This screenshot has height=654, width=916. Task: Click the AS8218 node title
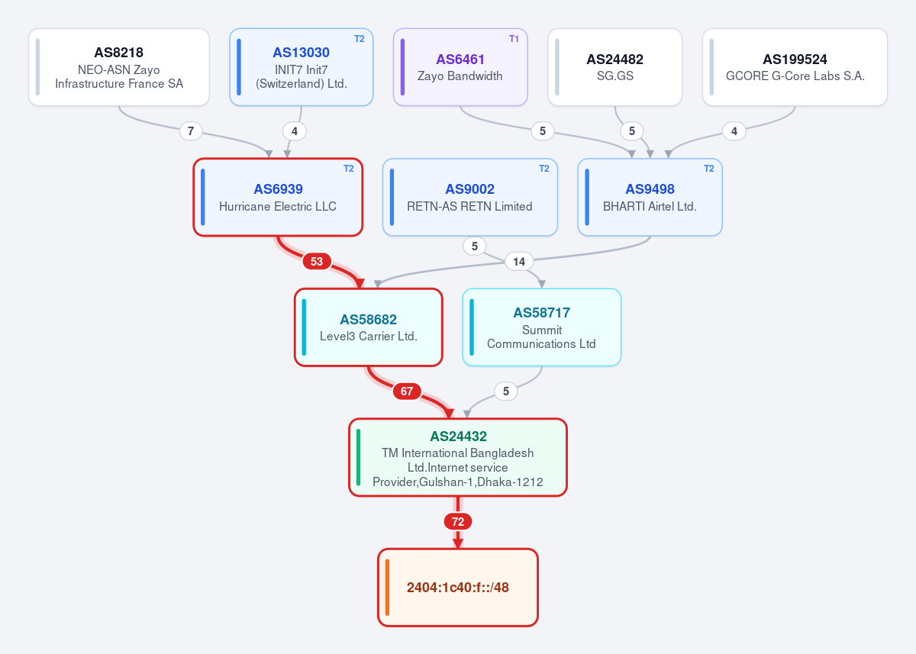pyautogui.click(x=118, y=53)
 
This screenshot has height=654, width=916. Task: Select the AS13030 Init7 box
pyautogui.click(x=302, y=67)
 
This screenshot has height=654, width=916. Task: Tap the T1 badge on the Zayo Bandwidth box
pyautogui.click(x=514, y=39)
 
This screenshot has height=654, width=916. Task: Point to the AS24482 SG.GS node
pyautogui.click(x=614, y=67)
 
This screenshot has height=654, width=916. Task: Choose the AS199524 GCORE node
pyautogui.click(x=795, y=67)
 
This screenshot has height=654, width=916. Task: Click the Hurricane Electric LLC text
pyautogui.click(x=278, y=206)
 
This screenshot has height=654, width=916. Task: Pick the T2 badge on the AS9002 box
pyautogui.click(x=543, y=169)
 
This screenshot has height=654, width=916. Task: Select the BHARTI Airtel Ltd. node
pyautogui.click(x=650, y=197)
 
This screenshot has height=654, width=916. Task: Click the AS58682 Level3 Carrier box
pyautogui.click(x=369, y=327)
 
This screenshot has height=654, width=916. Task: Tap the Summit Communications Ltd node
pyautogui.click(x=541, y=327)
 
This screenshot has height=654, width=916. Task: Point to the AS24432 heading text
pyautogui.click(x=458, y=437)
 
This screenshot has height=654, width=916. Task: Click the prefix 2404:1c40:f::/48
pyautogui.click(x=457, y=588)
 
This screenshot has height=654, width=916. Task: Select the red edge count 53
pyautogui.click(x=317, y=261)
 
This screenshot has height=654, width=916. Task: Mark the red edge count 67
pyautogui.click(x=406, y=391)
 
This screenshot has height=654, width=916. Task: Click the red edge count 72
pyautogui.click(x=458, y=521)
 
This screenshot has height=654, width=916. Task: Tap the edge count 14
pyautogui.click(x=519, y=262)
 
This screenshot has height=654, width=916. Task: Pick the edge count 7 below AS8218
pyautogui.click(x=191, y=131)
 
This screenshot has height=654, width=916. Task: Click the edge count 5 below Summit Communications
pyautogui.click(x=506, y=391)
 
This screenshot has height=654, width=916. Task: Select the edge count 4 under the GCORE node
pyautogui.click(x=734, y=131)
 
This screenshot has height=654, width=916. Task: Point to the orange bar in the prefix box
pyautogui.click(x=387, y=588)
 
